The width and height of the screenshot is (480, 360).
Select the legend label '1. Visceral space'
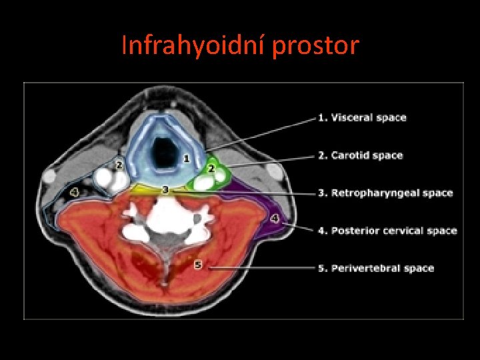361,118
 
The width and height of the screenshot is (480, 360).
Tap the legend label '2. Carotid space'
360,155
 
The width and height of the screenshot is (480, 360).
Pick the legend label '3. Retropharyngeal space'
385,193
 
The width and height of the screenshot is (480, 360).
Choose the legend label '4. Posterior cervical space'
387,231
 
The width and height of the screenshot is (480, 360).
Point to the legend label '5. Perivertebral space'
375,268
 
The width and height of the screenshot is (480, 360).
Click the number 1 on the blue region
186,159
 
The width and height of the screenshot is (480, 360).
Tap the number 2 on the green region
211,169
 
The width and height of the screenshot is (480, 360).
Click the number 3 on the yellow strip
165,190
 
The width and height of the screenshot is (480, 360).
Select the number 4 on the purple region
275,218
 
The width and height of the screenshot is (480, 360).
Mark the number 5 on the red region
198,265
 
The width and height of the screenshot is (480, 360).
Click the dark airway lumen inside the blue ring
163,150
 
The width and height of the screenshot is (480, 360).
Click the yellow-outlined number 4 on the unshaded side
74,192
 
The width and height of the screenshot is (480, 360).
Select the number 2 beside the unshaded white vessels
119,164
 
